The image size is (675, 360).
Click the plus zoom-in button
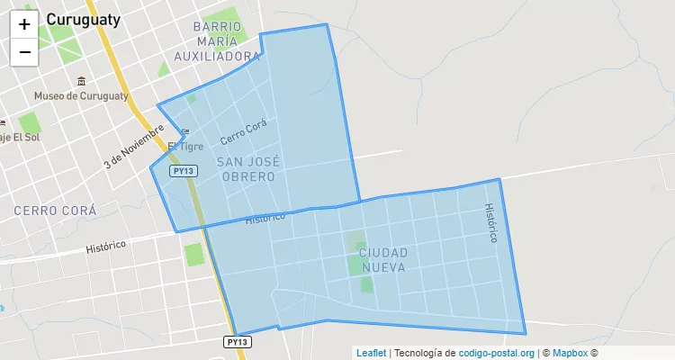[x=24, y=24]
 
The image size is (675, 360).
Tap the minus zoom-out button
[x=24, y=52]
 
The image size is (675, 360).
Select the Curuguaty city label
[x=83, y=19]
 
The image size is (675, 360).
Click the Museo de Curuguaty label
[x=81, y=96]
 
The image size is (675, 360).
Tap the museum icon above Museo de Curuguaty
[x=82, y=81]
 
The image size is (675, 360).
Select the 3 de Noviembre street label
[x=133, y=145]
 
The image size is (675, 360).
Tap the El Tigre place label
[x=186, y=146]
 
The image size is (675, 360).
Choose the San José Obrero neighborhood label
[x=247, y=169]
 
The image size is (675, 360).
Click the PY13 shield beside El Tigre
[x=183, y=170]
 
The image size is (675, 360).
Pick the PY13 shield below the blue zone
[x=237, y=342]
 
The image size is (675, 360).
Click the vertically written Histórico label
[x=490, y=222]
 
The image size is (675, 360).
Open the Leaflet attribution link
[x=370, y=354]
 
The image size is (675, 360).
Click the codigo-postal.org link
[x=497, y=354]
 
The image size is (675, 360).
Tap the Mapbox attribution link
[x=570, y=354]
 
